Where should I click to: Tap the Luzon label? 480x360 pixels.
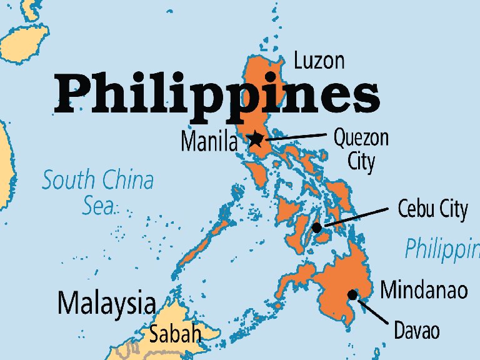coord(319,61)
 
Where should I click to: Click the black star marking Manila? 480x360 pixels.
coord(255,139)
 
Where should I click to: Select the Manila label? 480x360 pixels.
coord(209,142)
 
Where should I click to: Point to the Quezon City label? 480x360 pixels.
coord(361,149)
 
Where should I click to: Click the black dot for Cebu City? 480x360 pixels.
coord(317,228)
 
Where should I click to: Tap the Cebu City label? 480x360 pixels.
coord(432,209)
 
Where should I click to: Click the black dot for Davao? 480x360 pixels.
coord(353,294)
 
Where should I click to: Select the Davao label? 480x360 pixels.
coord(416,330)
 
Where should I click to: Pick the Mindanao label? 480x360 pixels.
coord(424,290)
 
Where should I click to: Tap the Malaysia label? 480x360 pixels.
coord(106,304)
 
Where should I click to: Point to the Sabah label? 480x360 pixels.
coord(175,333)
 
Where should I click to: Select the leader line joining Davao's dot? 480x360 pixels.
coord(372,311)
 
